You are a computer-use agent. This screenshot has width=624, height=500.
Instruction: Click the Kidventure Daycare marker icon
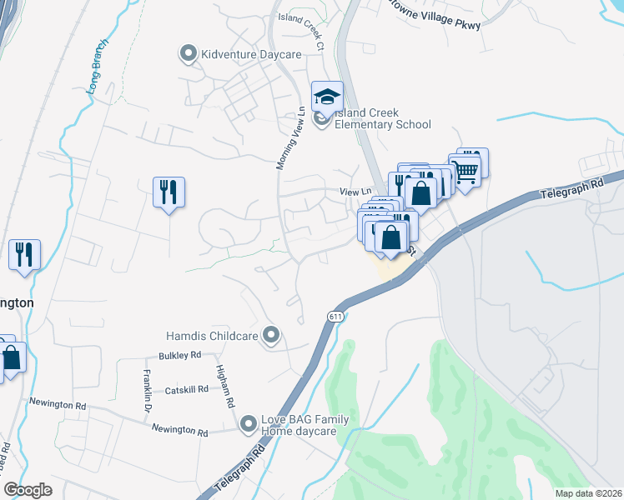tap(188, 55)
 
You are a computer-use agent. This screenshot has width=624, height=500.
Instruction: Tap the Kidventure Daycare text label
tap(238, 55)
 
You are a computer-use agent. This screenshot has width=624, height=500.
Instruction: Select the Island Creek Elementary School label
tap(382, 119)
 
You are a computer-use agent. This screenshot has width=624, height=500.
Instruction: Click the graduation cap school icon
tap(327, 96)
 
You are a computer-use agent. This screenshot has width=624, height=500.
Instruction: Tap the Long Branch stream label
tap(97, 72)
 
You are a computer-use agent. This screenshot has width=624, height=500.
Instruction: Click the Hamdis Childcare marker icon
tap(270, 336)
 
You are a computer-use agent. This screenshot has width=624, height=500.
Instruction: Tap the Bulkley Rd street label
tap(179, 355)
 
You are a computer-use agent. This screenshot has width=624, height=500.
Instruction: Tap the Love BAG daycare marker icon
tap(247, 425)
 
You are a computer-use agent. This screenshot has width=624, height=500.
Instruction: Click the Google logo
tap(28, 490)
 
